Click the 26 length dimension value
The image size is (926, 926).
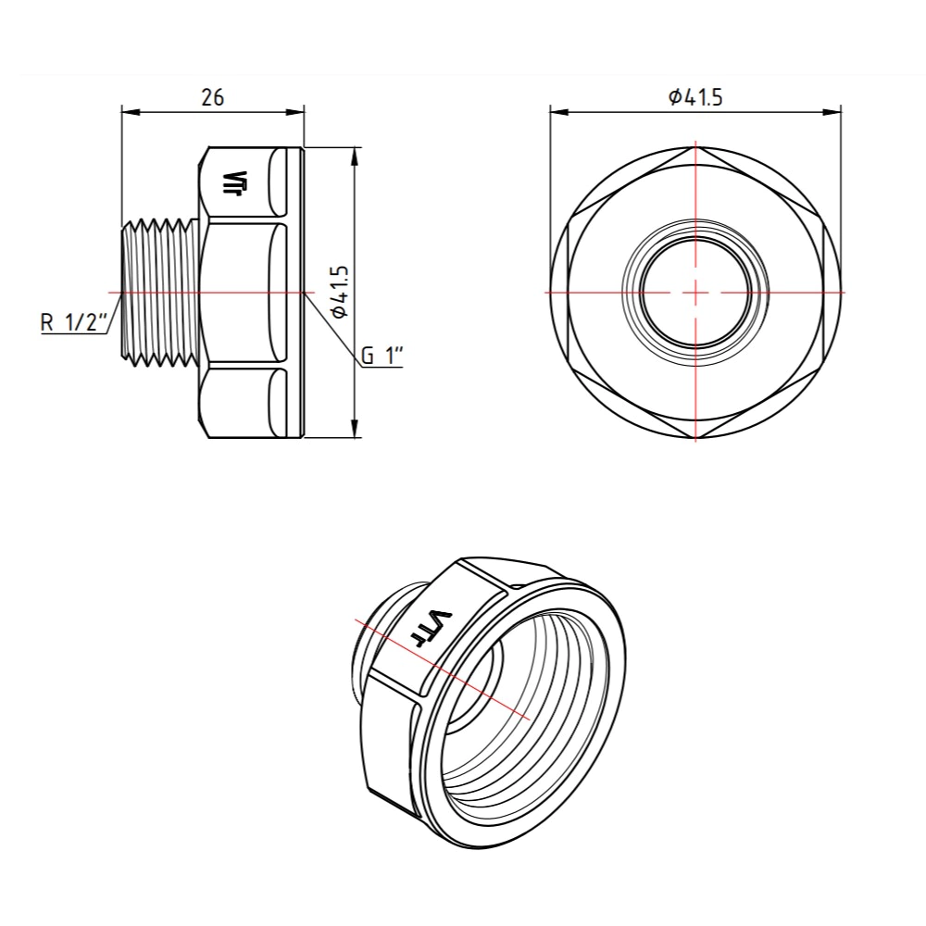click(213, 96)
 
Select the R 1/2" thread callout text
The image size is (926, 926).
click(75, 323)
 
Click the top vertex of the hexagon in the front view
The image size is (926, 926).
click(695, 146)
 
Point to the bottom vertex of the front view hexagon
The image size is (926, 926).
click(695, 438)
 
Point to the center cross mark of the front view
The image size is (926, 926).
click(695, 292)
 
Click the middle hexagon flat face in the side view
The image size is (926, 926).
click(241, 292)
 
